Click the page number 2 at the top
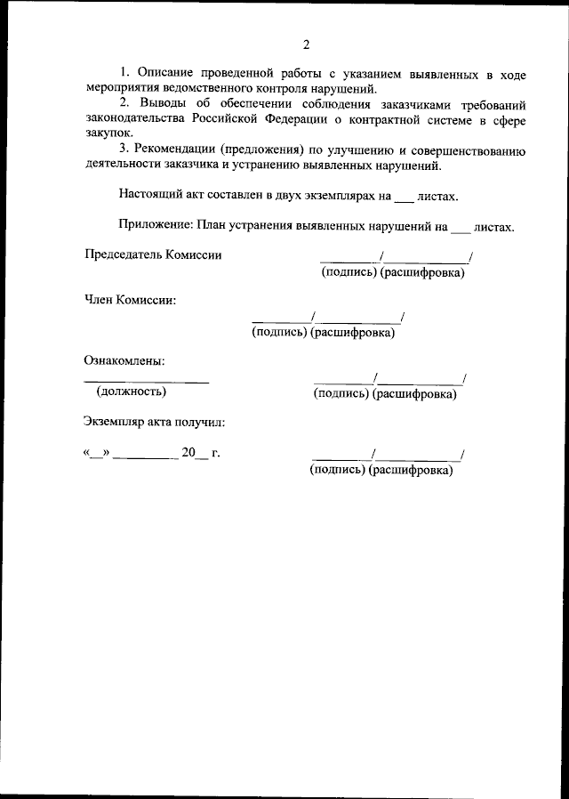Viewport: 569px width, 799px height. point(305,44)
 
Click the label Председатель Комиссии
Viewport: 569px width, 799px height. point(153,254)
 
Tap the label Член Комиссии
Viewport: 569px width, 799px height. point(130,300)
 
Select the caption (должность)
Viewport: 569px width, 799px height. point(131,391)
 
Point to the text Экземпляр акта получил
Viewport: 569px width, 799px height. point(155,422)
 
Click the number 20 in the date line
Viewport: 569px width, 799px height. point(188,453)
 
